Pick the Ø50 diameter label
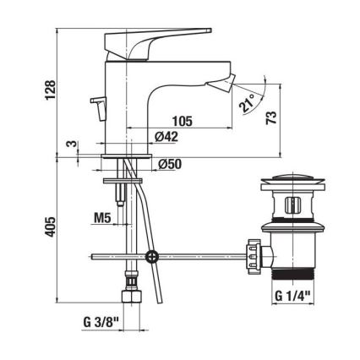[x=172, y=163]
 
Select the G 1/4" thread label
[x=293, y=295]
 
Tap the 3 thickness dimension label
[x=74, y=145]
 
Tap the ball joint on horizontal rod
[x=151, y=256]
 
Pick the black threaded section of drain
[x=292, y=275]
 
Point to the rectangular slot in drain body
[x=292, y=205]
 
